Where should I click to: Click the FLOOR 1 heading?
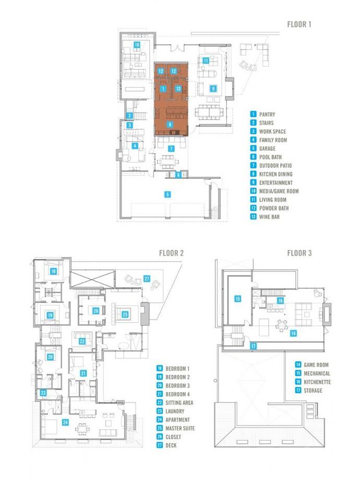pyautogui.click(x=299, y=25)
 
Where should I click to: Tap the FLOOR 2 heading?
pyautogui.click(x=171, y=253)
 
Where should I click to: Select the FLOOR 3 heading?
pyautogui.click(x=299, y=253)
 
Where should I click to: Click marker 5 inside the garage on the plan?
pyautogui.click(x=167, y=194)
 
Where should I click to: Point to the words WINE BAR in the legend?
pyautogui.click(x=269, y=217)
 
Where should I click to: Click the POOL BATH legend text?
pyautogui.click(x=270, y=157)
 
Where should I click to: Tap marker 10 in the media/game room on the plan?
pyautogui.click(x=137, y=45)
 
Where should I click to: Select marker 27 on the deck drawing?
pyautogui.click(x=147, y=279)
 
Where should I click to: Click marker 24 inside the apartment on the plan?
pyautogui.click(x=66, y=422)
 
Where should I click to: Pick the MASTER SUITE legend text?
pyautogui.click(x=180, y=429)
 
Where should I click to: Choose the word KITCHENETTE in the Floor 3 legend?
pyautogui.click(x=317, y=382)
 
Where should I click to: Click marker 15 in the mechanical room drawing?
pyautogui.click(x=238, y=299)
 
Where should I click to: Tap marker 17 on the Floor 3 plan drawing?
pyautogui.click(x=254, y=346)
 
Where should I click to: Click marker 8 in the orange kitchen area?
pyautogui.click(x=170, y=125)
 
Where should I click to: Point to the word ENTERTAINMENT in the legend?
pyautogui.click(x=276, y=183)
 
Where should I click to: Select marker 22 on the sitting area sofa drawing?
pyautogui.click(x=82, y=341)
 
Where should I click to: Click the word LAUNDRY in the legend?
pyautogui.click(x=175, y=411)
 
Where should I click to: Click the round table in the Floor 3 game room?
pyautogui.click(x=281, y=325)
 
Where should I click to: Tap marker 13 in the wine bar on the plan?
pyautogui.click(x=178, y=89)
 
